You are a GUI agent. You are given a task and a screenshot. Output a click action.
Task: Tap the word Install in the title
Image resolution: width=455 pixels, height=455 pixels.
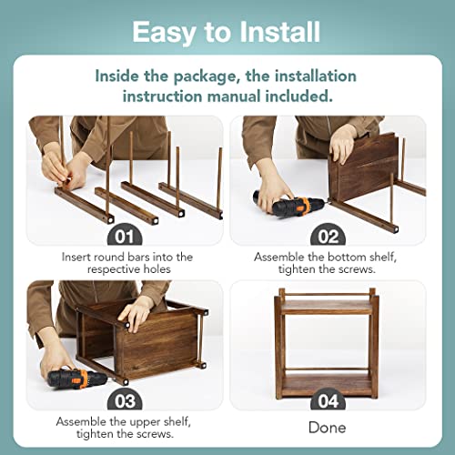[279, 31]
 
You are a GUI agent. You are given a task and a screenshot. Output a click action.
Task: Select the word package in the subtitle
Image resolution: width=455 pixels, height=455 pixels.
[205, 76]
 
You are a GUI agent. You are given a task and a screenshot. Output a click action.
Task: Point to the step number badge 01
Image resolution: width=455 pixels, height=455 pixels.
[125, 236]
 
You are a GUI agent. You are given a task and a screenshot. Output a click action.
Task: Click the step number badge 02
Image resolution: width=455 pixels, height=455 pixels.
[328, 236]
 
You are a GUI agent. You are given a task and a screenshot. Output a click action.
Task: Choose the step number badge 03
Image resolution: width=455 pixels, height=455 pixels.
[125, 400]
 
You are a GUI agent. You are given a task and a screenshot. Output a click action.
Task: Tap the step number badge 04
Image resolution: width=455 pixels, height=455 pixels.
[328, 400]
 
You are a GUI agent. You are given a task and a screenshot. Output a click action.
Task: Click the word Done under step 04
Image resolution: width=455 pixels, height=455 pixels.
[327, 428]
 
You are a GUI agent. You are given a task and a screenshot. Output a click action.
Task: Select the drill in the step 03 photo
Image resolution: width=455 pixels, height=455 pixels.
[76, 379]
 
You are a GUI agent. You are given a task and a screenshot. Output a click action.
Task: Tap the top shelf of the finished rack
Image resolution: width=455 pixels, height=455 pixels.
[327, 307]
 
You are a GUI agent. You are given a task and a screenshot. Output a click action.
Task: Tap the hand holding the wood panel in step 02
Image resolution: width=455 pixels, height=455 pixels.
[343, 144]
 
